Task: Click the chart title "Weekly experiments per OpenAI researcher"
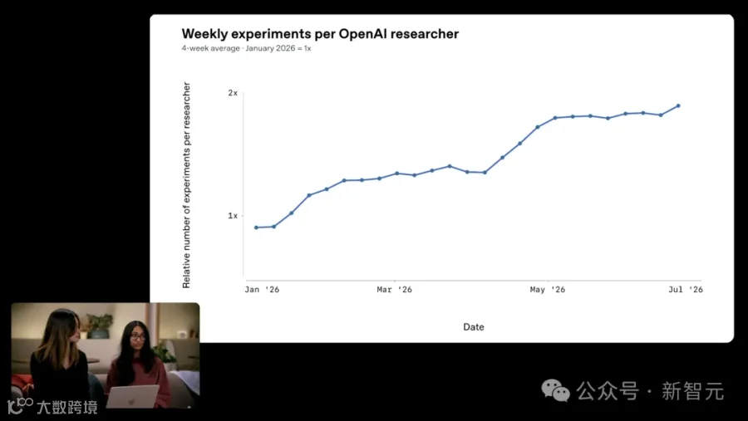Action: click(x=320, y=34)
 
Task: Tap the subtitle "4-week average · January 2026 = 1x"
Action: click(x=246, y=48)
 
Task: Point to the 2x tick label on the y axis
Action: click(x=233, y=93)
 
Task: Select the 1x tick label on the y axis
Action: click(x=233, y=216)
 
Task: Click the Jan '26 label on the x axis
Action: click(x=262, y=290)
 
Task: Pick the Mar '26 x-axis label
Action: click(x=395, y=290)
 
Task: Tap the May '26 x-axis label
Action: click(x=548, y=290)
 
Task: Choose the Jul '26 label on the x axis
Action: click(x=686, y=290)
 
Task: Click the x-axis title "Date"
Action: click(x=474, y=327)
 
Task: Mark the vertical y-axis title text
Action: click(x=186, y=185)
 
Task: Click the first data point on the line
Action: click(x=256, y=228)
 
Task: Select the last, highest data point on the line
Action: click(x=678, y=105)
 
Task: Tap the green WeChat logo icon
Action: click(x=556, y=391)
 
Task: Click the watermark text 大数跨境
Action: click(x=66, y=408)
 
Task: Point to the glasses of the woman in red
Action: click(x=137, y=337)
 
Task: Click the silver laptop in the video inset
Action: click(x=133, y=397)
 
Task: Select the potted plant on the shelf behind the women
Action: click(x=99, y=326)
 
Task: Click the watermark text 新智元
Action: click(x=692, y=391)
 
